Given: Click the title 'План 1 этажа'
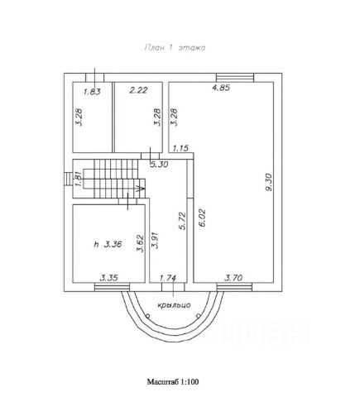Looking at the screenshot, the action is tap(175, 48).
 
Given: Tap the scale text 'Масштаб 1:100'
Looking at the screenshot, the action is tap(173, 382).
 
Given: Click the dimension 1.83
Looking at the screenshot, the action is tap(92, 92).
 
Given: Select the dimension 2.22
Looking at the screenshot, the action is tap(138, 90).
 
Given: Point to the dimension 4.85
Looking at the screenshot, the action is tap(221, 88).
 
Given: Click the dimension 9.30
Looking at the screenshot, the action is tap(268, 182).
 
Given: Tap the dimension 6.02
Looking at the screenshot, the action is tap(202, 218).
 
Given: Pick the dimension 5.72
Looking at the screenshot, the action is tap(182, 221).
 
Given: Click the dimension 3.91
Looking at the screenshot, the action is tap(156, 240).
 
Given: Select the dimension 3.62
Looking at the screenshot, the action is tap(141, 243).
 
